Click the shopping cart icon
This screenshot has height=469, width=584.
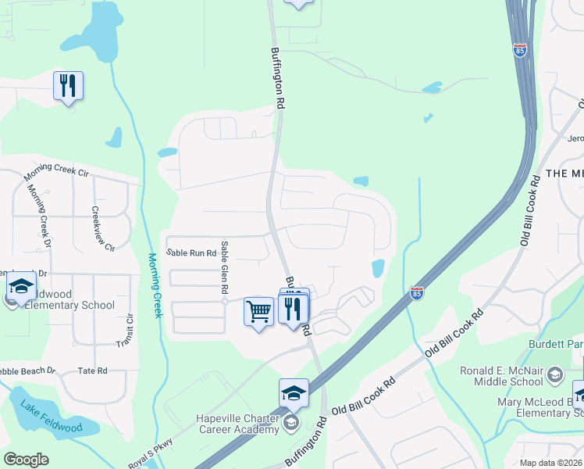[258, 311]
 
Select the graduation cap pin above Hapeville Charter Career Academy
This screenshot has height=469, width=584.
[294, 393]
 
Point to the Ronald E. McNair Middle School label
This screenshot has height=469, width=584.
[501, 376]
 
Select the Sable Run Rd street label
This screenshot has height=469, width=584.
[191, 253]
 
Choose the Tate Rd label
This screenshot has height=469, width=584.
[92, 371]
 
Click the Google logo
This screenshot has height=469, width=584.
[26, 460]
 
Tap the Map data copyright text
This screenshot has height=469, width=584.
[551, 463]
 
